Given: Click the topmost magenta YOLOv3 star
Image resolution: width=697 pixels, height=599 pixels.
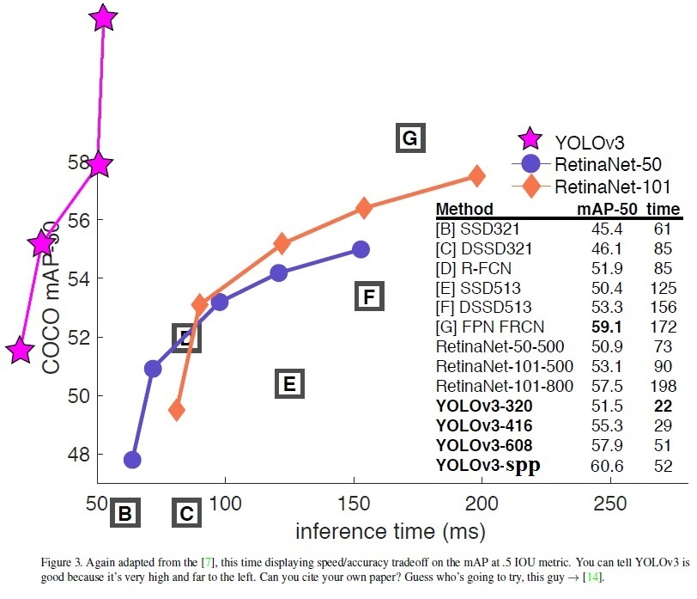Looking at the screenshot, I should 103,17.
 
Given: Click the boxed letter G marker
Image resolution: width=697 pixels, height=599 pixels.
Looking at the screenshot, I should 409,138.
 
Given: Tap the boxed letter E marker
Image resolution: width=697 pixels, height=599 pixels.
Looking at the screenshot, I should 289,383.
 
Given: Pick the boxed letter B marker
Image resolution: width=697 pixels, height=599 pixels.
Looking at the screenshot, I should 124,514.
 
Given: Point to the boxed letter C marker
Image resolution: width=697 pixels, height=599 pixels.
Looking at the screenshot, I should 186,514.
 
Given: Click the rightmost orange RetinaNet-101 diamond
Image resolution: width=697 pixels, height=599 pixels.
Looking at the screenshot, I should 476,176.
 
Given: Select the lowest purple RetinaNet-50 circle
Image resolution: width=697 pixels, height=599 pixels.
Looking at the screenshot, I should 132,460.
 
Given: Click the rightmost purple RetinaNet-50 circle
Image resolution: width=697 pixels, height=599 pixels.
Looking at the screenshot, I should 361,249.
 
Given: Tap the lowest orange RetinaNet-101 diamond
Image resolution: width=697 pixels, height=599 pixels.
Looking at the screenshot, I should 177,410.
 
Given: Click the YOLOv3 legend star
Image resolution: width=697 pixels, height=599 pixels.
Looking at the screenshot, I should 530,139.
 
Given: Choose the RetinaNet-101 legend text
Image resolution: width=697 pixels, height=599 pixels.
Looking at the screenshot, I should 612,186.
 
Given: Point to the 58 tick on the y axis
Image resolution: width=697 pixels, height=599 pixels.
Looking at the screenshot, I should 79,162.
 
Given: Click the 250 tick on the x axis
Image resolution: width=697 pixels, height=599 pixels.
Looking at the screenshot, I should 610,503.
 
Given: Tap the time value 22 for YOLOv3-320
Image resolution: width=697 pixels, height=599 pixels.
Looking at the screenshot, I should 663,406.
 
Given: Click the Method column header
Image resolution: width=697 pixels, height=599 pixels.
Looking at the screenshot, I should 464,209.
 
